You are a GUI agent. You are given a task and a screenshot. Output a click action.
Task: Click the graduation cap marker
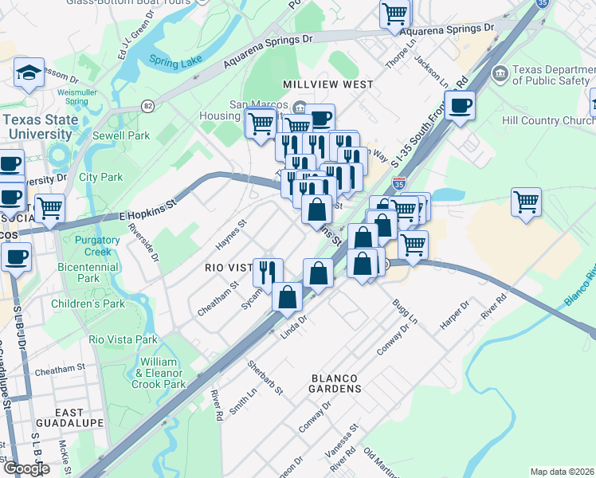[29, 74]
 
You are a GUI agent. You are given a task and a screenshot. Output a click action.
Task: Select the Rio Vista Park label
[124, 339]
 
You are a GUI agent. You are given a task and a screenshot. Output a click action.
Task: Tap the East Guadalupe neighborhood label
[70, 417]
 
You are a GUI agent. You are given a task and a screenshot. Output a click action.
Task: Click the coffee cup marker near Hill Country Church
[460, 105]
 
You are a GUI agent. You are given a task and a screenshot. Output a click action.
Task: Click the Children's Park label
[88, 304]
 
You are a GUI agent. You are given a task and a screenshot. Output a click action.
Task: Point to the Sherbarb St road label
[265, 378]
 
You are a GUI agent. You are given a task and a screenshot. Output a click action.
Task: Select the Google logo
[25, 468]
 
